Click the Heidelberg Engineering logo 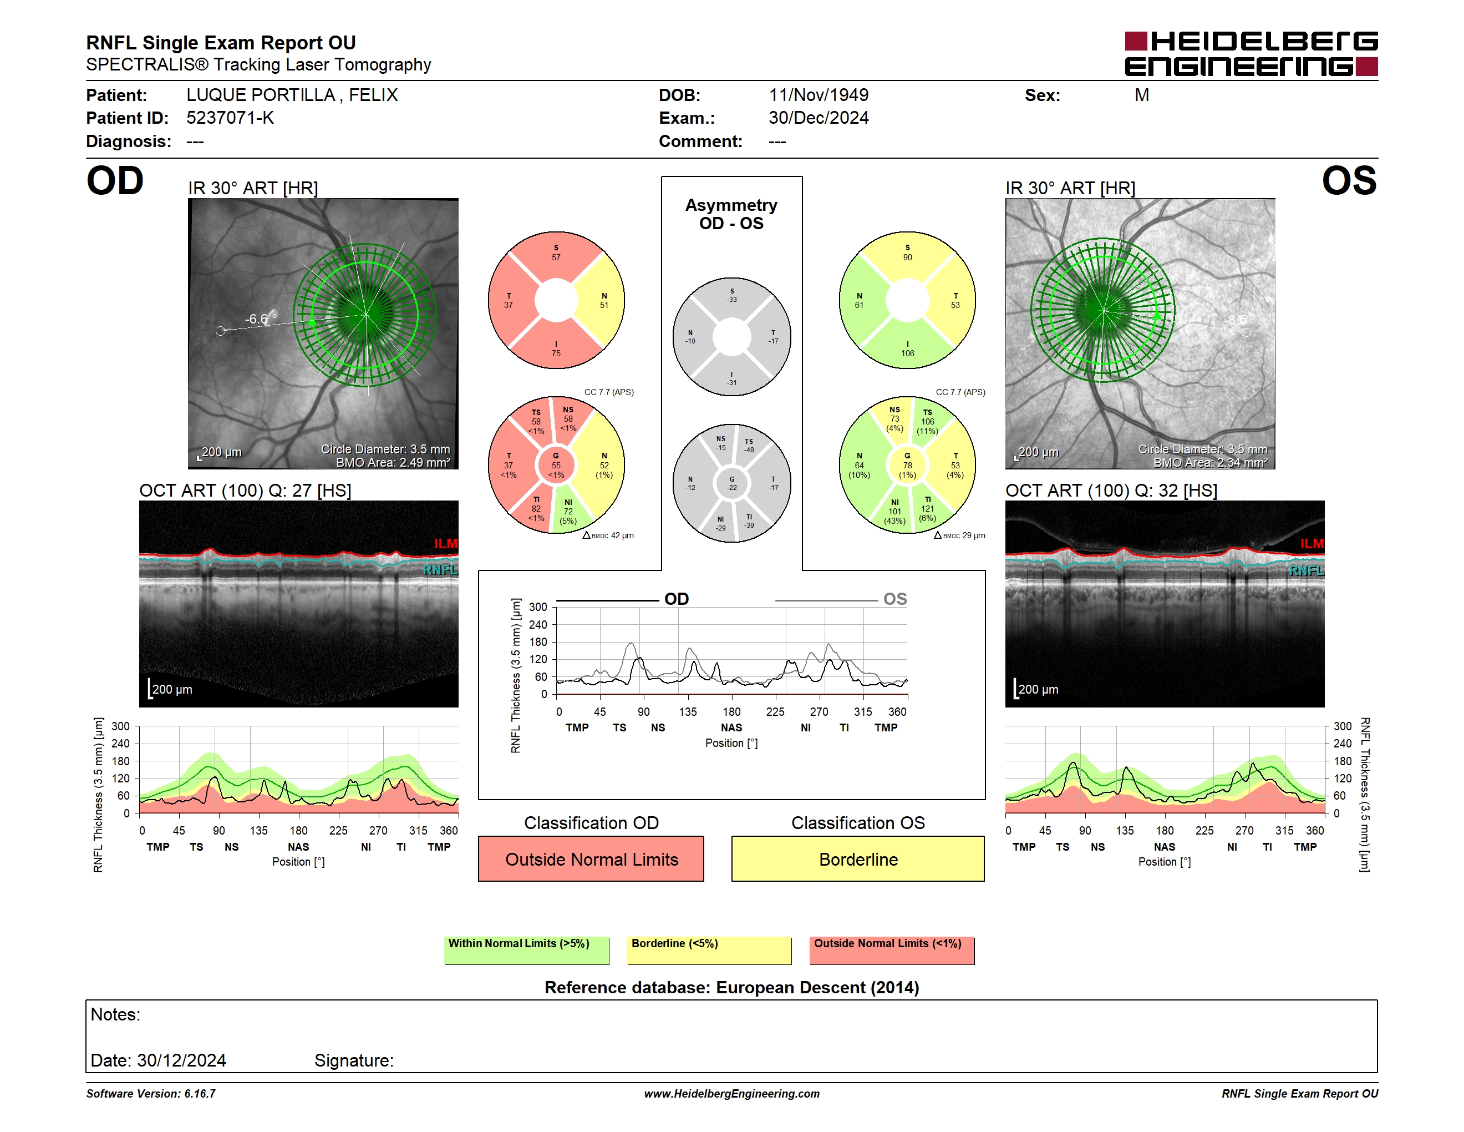pyautogui.click(x=1251, y=54)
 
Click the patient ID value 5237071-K pyautogui.click(x=230, y=118)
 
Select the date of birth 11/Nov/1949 pyautogui.click(x=819, y=95)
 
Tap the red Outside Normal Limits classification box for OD pyautogui.click(x=591, y=858)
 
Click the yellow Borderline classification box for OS pyautogui.click(x=858, y=858)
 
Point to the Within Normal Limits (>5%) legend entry pyautogui.click(x=526, y=950)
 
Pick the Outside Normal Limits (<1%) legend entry pyautogui.click(x=892, y=950)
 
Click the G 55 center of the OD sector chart pyautogui.click(x=556, y=465)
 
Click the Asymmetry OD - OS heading pyautogui.click(x=731, y=214)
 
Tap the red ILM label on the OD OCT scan pyautogui.click(x=445, y=543)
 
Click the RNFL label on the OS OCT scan pyautogui.click(x=1307, y=570)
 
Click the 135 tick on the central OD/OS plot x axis pyautogui.click(x=688, y=711)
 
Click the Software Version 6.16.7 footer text pyautogui.click(x=151, y=1093)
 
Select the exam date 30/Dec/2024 pyautogui.click(x=819, y=118)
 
